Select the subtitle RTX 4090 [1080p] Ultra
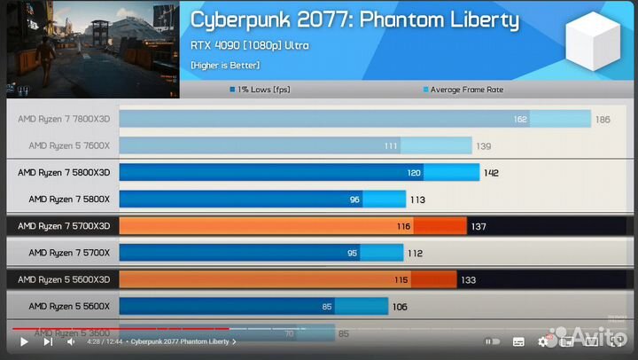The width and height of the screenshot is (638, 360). click(x=250, y=45)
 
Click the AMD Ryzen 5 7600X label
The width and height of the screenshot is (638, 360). click(x=69, y=145)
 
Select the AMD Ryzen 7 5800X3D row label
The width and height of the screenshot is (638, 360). click(x=64, y=172)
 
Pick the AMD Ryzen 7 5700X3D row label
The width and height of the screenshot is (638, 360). click(x=64, y=226)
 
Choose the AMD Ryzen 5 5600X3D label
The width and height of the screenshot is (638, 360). click(x=64, y=279)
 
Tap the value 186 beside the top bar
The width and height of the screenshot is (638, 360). click(x=603, y=119)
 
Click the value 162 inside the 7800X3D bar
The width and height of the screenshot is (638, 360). click(x=520, y=119)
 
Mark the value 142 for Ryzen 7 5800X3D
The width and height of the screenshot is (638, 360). click(x=491, y=173)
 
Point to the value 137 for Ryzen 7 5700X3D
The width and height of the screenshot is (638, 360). click(x=478, y=227)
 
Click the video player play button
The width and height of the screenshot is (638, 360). click(x=24, y=341)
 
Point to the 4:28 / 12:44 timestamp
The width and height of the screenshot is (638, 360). click(x=105, y=341)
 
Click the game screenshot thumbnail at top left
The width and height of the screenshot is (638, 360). click(x=93, y=49)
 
